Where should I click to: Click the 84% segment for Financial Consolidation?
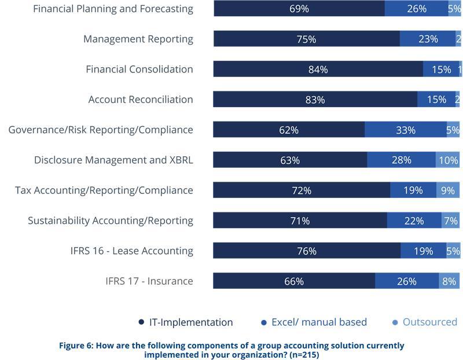coord(318,69)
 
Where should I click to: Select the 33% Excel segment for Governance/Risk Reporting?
coord(405,130)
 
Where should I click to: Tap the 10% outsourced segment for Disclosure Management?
coord(448,160)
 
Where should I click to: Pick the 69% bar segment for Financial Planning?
coord(299,9)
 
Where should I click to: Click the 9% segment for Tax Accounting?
coord(448,190)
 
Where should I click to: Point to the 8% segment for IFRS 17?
coord(449,281)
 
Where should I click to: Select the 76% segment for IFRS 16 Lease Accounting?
coord(306,251)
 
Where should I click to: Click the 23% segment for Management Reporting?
coord(428,39)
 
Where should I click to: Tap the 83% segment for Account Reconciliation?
coord(315,100)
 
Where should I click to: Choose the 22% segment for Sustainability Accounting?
coord(414,221)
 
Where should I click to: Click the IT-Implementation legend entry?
coord(185,322)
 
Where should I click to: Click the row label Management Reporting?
coord(138,39)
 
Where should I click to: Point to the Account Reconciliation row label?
coord(141,100)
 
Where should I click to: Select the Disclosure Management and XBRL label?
coord(113,160)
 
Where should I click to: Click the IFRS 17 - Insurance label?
coord(149,281)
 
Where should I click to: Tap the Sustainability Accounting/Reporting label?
coord(111,221)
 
